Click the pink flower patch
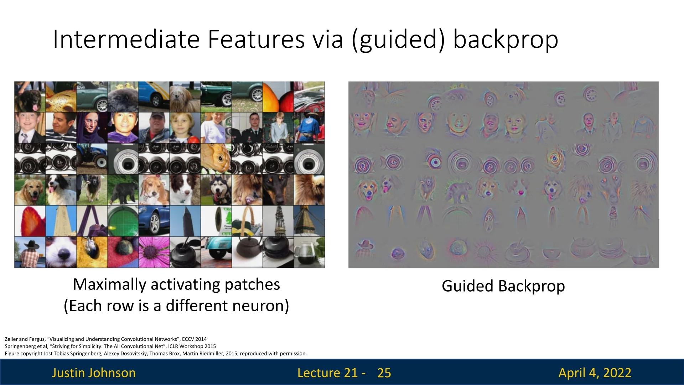[154, 252]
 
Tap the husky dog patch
[216, 190]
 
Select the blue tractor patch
[92, 159]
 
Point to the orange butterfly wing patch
[216, 159]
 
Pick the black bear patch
[123, 190]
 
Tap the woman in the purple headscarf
[92, 128]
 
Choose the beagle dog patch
[154, 190]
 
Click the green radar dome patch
[123, 221]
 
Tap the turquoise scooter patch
[216, 252]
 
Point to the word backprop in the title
[506, 40]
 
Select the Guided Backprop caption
[503, 286]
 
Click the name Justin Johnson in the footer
[94, 373]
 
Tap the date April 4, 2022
[595, 373]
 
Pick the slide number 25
[384, 373]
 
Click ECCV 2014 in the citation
[194, 339]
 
